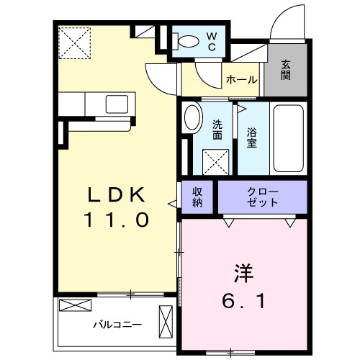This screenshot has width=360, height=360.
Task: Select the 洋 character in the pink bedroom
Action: (x=243, y=275)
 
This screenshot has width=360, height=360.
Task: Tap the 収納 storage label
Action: (x=197, y=197)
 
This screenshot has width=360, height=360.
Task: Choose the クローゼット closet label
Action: (x=262, y=197)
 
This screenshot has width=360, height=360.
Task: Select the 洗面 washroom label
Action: (x=217, y=129)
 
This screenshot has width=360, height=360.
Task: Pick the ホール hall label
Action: (x=241, y=80)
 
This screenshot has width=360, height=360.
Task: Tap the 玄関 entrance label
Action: (x=285, y=70)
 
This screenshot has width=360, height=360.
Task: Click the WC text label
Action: (x=213, y=40)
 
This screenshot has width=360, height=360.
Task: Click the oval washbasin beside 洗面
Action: (x=192, y=118)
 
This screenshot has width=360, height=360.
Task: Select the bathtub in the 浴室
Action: (x=289, y=139)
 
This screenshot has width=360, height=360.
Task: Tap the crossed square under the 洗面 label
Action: (x=215, y=158)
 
